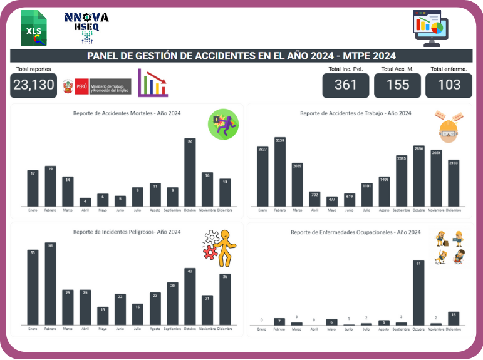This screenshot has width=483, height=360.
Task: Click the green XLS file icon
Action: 34,29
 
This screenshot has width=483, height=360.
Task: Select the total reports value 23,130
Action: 34,85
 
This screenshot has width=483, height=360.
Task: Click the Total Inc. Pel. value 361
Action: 345,85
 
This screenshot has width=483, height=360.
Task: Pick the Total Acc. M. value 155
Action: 397,85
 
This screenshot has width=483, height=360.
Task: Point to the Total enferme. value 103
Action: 449,85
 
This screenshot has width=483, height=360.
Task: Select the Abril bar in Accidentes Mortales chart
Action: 85,202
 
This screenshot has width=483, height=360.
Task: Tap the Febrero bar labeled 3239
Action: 279,172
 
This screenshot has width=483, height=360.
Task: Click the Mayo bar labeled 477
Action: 332,202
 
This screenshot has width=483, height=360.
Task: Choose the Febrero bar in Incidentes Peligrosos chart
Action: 50,284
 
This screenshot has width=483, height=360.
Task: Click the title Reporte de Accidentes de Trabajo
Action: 355,113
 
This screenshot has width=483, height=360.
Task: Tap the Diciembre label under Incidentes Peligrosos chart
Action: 225,329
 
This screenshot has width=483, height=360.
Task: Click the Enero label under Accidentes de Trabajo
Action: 262,210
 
